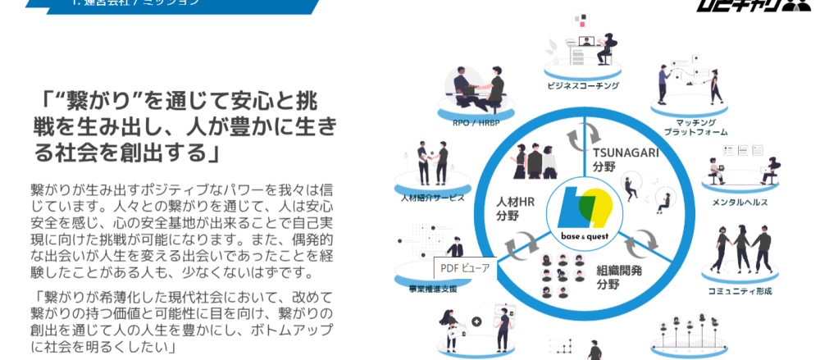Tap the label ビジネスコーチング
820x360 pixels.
583,85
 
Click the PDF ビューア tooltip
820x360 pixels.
465,267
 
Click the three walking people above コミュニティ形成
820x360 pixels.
738,249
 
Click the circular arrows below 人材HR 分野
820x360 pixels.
517,244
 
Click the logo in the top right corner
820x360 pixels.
775,7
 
